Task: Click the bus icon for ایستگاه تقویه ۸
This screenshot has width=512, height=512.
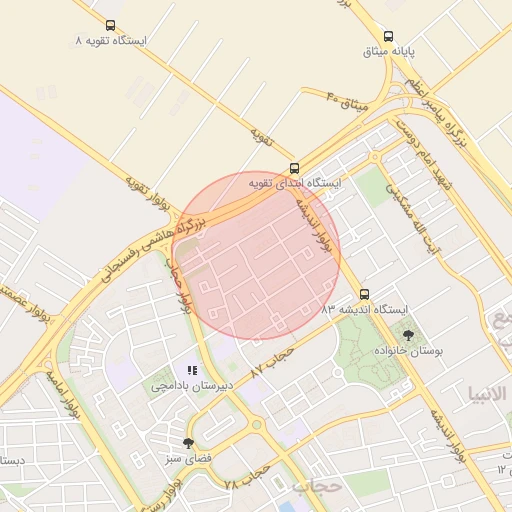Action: tap(109, 26)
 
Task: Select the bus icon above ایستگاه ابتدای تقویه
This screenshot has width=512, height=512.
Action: tap(293, 168)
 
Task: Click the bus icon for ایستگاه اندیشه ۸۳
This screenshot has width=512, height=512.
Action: tap(363, 295)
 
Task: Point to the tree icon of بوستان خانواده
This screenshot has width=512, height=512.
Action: tap(407, 335)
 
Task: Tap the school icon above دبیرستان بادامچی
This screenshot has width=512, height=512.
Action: tap(192, 370)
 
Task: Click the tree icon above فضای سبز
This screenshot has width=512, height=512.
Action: tap(188, 443)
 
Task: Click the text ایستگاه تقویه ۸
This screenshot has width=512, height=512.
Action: tap(110, 42)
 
